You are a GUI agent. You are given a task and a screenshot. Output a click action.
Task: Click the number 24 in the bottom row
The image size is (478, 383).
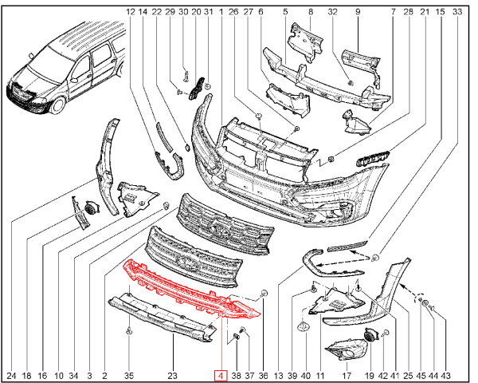coord(11,375)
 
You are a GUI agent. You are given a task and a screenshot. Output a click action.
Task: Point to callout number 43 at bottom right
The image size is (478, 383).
coord(446,375)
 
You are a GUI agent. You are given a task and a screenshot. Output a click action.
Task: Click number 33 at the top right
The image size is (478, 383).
coord(456,12)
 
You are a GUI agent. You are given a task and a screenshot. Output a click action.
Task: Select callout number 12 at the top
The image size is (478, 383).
coord(131,12)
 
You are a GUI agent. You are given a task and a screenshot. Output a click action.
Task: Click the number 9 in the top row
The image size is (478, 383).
coord(358,12)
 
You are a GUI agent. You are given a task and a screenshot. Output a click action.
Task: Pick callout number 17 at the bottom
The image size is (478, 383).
coord(58,375)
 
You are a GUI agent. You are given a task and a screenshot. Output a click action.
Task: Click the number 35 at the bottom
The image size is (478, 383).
coord(129,375)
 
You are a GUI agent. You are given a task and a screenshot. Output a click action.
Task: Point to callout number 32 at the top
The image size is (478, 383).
coord(333,12)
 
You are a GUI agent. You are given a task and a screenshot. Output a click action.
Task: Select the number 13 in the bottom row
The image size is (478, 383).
coord(278,375)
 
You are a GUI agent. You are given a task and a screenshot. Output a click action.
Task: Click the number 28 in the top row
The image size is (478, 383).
coord(408,12)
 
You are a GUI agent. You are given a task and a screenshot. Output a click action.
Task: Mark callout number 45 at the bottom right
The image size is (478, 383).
coord(419,375)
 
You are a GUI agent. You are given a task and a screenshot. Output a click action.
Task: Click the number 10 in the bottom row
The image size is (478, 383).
coord(58,375)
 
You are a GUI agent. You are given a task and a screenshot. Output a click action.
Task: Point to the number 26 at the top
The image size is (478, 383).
coord(233,12)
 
